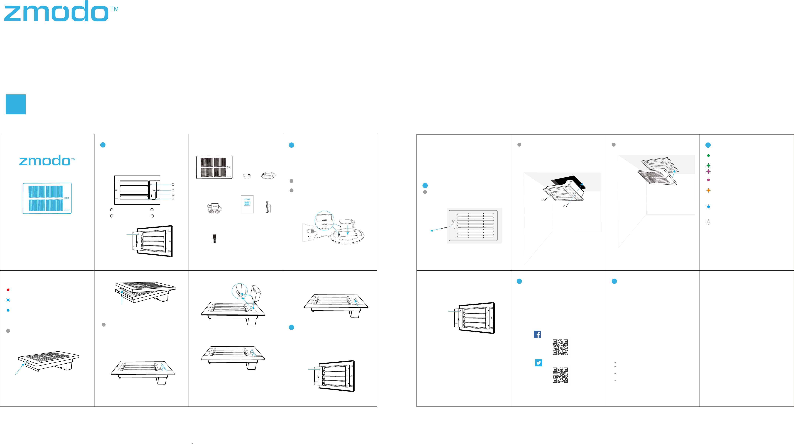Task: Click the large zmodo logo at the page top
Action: tap(57, 12)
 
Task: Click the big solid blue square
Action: tap(16, 104)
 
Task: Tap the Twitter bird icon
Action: tap(539, 363)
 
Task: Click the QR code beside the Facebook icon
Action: tap(560, 347)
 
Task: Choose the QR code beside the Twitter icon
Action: tap(560, 375)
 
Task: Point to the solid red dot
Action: tap(8, 290)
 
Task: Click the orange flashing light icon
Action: tap(708, 190)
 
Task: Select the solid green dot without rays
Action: tap(708, 156)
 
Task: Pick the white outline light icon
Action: tap(708, 222)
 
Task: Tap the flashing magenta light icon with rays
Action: tap(708, 171)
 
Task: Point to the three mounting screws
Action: tap(214, 239)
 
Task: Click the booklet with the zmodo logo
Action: tap(247, 204)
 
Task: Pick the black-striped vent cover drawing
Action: tap(214, 167)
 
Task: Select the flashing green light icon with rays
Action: tap(708, 165)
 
